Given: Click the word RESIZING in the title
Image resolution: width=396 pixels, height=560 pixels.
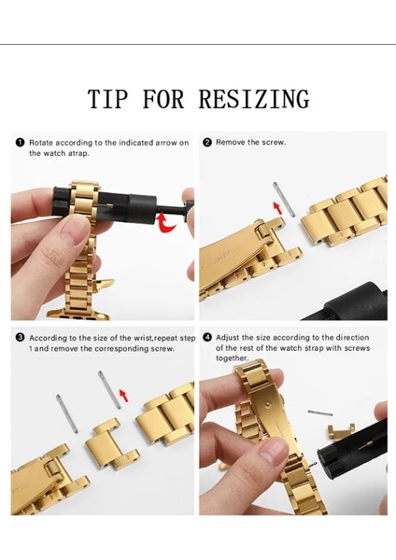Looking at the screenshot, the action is click(x=254, y=99).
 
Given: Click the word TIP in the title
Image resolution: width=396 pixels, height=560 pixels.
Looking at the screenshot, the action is click(x=107, y=99).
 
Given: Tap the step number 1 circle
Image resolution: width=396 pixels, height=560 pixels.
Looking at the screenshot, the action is click(x=20, y=143).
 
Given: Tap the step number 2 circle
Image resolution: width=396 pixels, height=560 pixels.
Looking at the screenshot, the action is click(x=207, y=142).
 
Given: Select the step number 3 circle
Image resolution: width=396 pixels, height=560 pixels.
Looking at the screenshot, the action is click(x=20, y=338).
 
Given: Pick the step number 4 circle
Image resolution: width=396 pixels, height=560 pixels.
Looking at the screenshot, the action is click(x=207, y=338).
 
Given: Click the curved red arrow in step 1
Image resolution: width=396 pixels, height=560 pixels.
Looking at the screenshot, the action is click(x=166, y=223).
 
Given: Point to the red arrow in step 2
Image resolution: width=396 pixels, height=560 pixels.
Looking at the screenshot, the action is click(x=277, y=208).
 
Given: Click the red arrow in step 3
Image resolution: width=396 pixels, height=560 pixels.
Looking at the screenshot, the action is click(x=123, y=396).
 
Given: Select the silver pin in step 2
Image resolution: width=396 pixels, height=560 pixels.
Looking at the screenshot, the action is click(x=284, y=200).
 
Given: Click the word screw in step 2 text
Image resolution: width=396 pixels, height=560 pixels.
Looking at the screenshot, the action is click(x=273, y=142).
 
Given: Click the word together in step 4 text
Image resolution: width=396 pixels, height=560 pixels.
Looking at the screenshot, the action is click(x=232, y=358).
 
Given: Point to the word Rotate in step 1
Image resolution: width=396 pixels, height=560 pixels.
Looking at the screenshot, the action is click(x=41, y=143).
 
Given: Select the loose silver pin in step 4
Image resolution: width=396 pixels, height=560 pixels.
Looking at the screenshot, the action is click(x=320, y=413).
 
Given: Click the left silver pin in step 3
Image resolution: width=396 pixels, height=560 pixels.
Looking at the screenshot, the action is click(x=67, y=413).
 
